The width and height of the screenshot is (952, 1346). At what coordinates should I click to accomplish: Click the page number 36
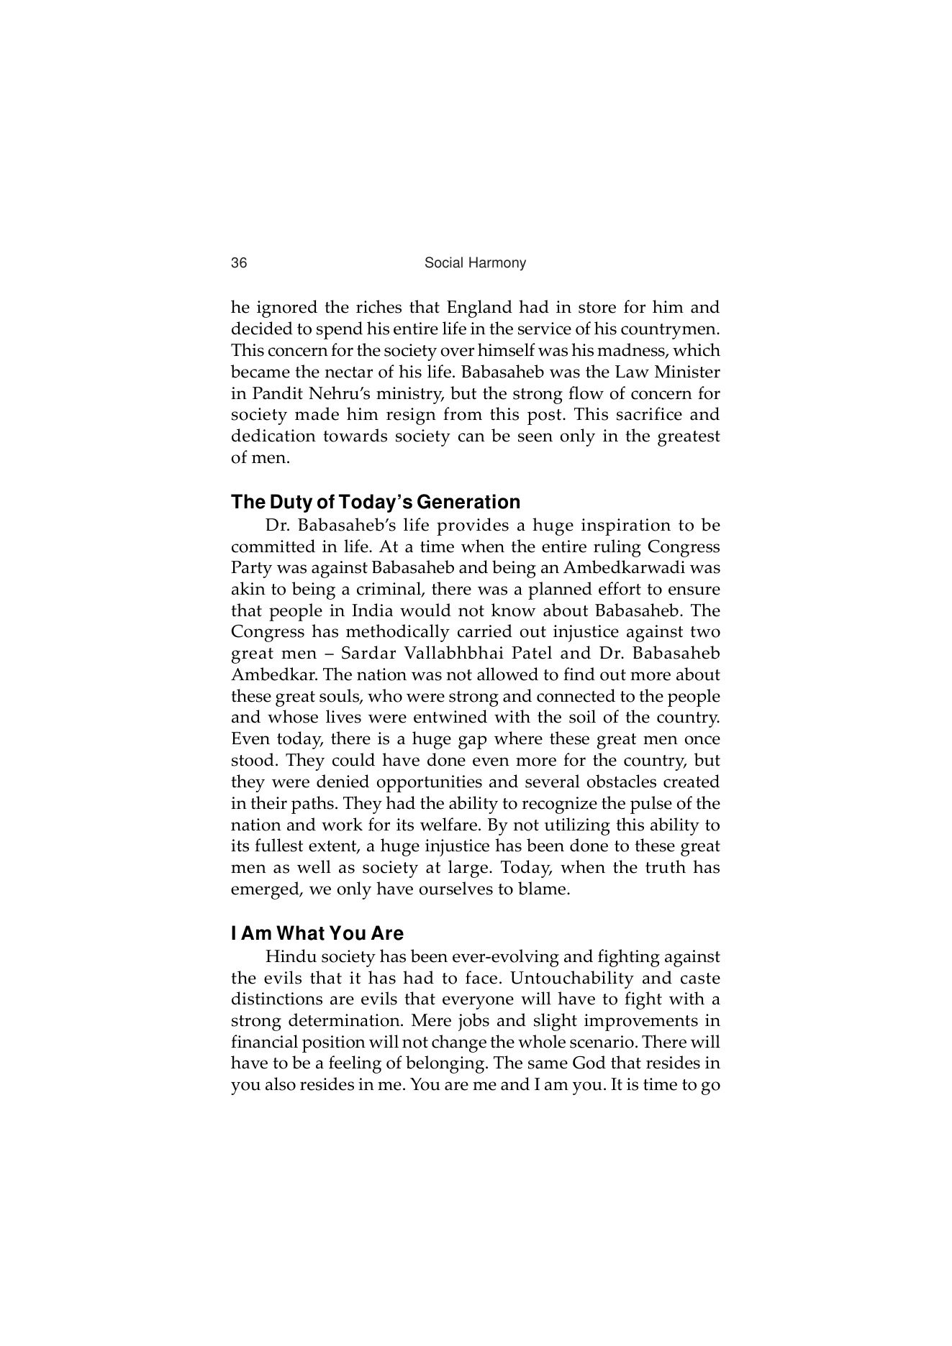click(x=239, y=263)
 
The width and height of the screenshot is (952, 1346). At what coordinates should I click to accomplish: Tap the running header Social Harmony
click(x=475, y=263)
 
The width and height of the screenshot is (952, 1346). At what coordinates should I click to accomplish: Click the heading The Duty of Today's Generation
click(x=375, y=502)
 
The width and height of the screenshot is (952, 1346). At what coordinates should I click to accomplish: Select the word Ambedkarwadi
click(x=622, y=568)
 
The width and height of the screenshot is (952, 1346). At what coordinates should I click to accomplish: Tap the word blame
click(x=544, y=889)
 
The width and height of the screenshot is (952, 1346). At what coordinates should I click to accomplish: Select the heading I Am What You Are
click(x=317, y=933)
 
